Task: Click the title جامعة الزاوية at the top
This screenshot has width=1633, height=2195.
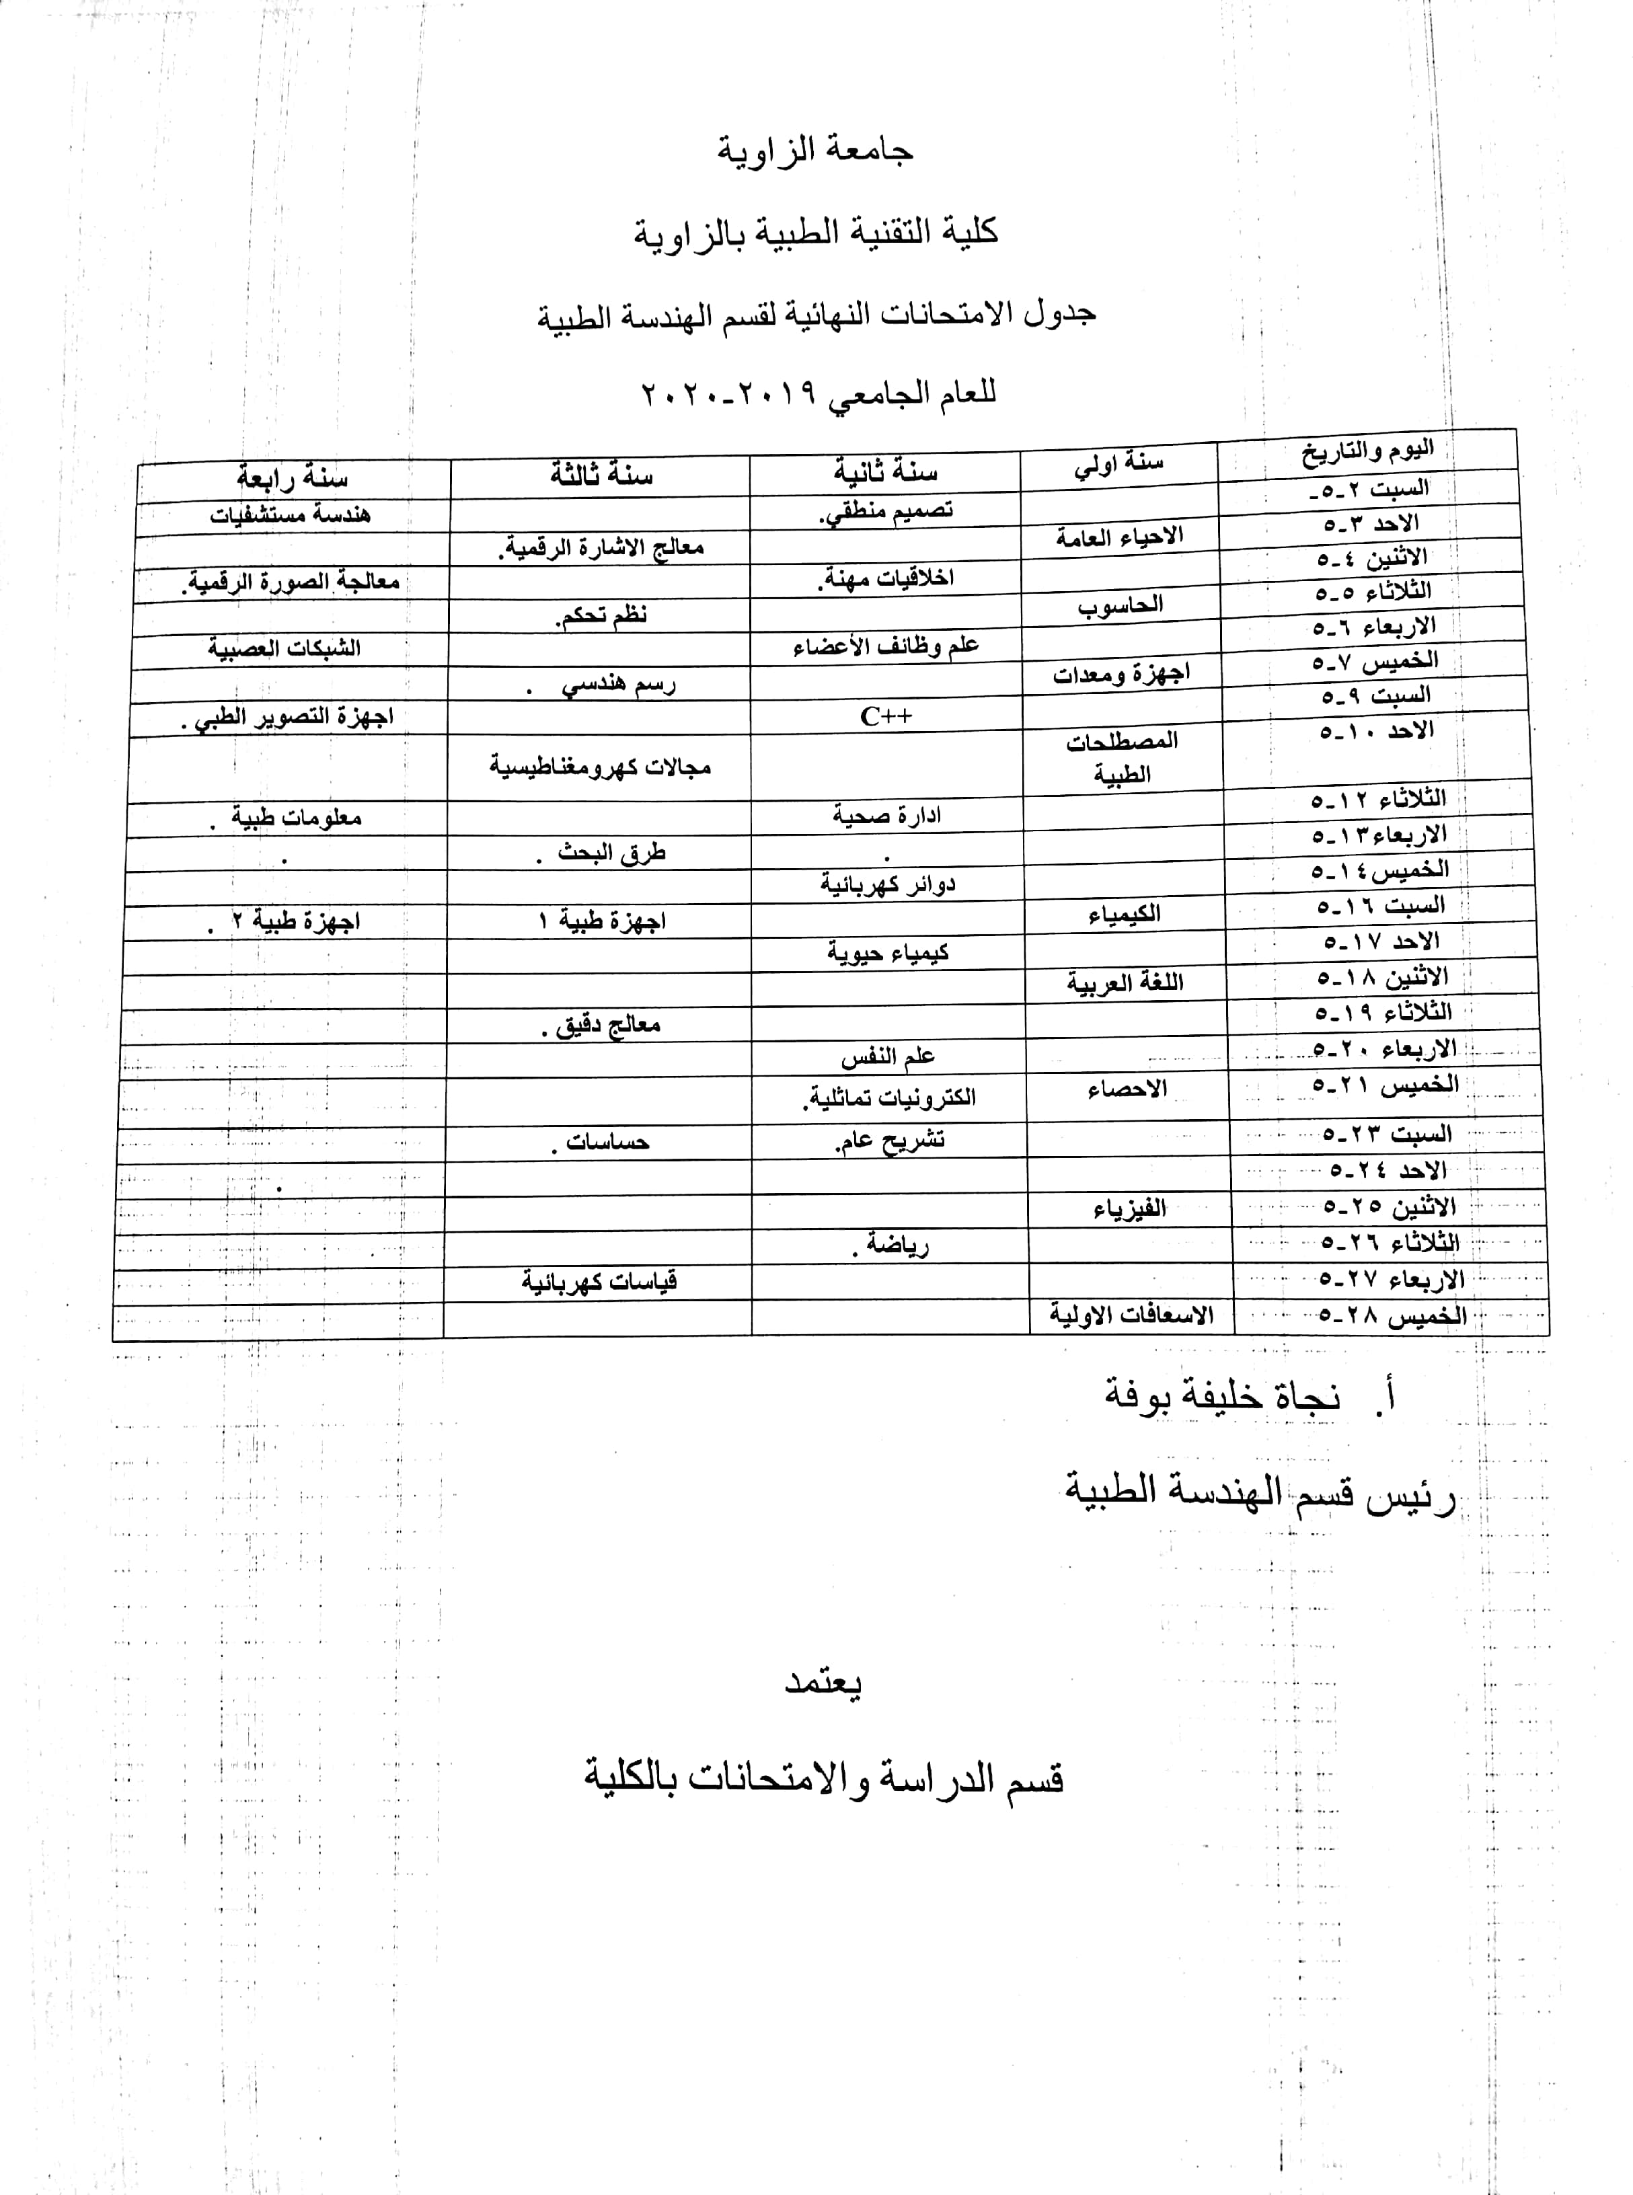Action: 816,150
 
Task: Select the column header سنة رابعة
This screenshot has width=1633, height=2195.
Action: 292,478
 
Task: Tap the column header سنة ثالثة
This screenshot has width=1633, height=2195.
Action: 601,475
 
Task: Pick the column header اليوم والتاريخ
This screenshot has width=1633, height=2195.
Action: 1367,452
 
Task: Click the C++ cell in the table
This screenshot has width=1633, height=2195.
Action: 886,716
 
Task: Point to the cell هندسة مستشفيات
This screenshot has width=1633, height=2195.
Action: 290,515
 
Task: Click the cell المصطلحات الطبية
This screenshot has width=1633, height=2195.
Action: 1122,757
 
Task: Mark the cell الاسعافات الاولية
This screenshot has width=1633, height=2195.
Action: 1131,1315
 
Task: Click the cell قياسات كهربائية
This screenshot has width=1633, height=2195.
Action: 599,1282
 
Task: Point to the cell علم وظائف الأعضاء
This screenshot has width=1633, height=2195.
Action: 886,646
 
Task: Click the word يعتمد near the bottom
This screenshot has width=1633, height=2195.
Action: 823,1682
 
